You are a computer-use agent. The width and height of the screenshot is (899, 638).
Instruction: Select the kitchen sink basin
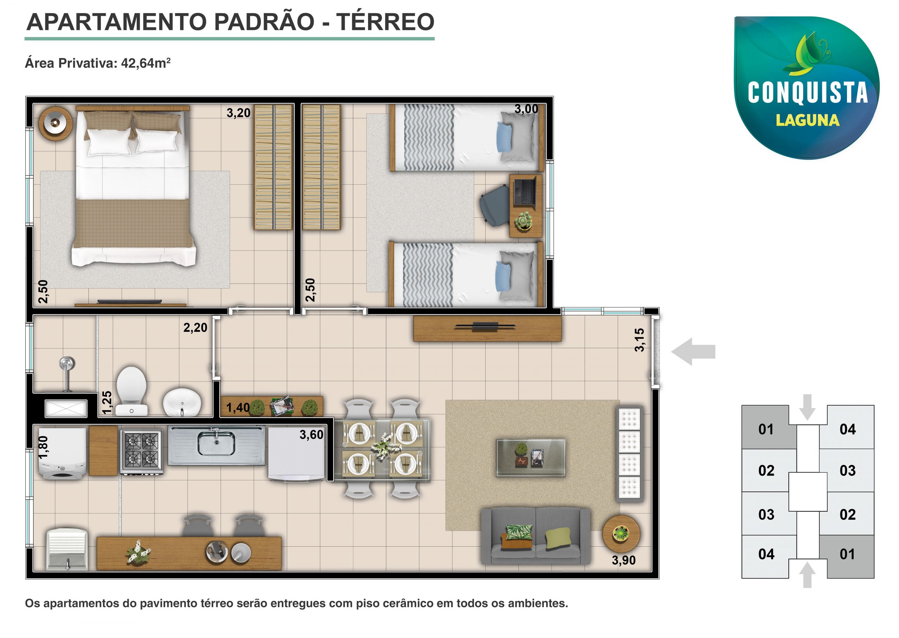[216, 443]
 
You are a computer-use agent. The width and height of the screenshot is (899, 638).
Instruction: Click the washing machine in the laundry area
[63, 453]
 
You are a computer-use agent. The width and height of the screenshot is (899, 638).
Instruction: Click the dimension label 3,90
[624, 560]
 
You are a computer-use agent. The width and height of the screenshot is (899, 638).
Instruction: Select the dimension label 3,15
[640, 340]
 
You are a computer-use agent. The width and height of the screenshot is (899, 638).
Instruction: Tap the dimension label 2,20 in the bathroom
[195, 328]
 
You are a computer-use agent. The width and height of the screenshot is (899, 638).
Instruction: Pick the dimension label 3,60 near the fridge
[311, 434]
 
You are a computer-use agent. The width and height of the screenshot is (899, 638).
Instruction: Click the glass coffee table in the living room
[531, 458]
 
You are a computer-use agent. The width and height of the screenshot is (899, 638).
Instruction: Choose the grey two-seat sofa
[536, 536]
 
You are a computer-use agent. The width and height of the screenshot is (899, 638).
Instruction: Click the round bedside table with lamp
[55, 123]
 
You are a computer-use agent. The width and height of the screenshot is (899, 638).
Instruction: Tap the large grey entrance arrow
[694, 351]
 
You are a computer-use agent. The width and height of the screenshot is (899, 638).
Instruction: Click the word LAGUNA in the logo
[807, 120]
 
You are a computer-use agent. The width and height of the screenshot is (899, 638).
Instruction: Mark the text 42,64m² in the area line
[146, 63]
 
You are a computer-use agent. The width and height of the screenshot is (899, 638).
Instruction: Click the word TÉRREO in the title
[385, 22]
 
